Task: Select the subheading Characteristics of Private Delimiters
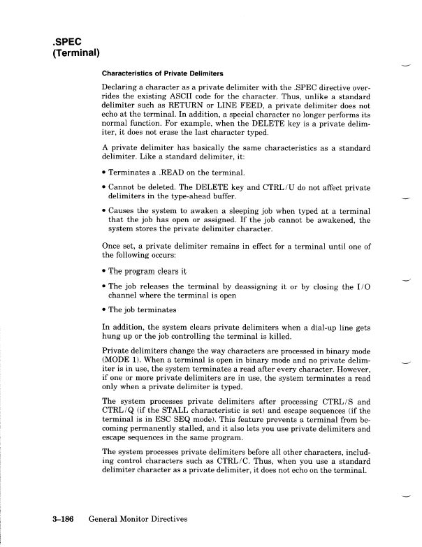(162, 73)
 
